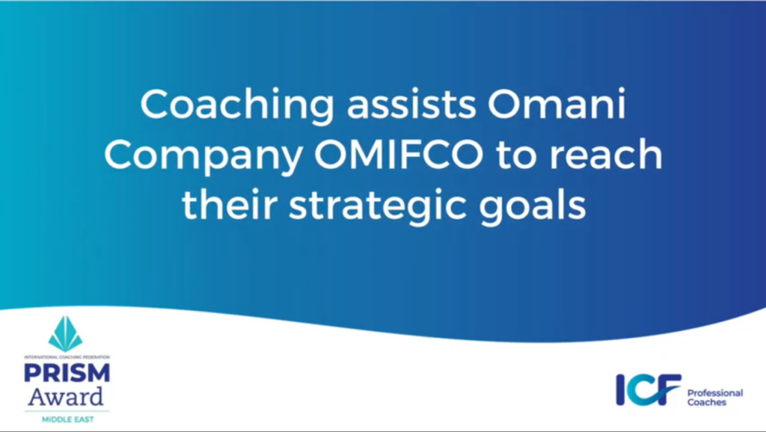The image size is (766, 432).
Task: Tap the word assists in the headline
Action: (x=411, y=105)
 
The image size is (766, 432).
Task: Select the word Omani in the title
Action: (x=557, y=105)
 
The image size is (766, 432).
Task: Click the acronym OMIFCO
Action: (x=399, y=155)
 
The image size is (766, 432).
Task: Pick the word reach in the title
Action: (x=606, y=153)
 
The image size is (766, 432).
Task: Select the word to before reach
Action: (x=517, y=155)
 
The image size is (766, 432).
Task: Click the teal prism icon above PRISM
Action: (x=66, y=334)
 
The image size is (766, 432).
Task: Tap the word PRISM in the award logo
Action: (x=67, y=373)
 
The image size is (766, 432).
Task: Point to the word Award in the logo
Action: (x=66, y=397)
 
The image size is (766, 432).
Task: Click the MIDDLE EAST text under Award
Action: (x=67, y=419)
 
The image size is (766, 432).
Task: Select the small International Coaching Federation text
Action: (x=67, y=357)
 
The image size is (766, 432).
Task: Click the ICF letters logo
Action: (x=649, y=389)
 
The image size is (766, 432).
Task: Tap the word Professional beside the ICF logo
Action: (x=715, y=393)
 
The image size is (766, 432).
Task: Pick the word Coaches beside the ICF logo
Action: (x=706, y=402)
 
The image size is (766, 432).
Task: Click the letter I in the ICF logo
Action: (x=620, y=389)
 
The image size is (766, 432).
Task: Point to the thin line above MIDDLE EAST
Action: (x=67, y=411)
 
